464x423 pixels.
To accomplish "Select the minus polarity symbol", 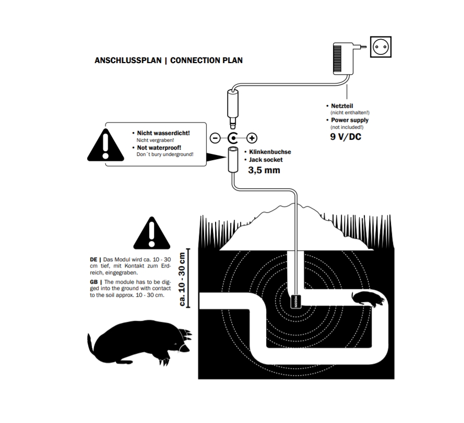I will [x=215, y=138].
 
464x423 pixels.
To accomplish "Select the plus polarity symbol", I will [x=252, y=138].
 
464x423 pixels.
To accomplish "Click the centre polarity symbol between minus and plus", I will [x=233, y=138].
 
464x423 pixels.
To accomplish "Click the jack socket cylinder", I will [x=233, y=160].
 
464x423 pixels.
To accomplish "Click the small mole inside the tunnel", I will [x=369, y=298].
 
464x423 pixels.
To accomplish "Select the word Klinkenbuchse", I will [x=270, y=152].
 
